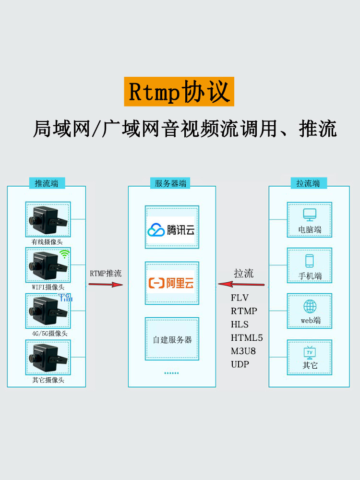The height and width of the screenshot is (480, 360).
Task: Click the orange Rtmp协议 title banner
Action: (179, 91)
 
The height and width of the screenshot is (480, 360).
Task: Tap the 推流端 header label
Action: (47, 183)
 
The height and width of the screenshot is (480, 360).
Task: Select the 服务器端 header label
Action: (172, 183)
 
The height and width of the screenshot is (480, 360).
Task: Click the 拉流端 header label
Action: (308, 183)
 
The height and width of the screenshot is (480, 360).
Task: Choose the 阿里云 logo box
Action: (172, 283)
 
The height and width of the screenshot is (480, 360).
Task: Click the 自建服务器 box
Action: (172, 339)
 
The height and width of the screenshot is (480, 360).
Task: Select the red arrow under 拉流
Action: (241, 284)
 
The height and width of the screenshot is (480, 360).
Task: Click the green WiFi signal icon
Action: (65, 254)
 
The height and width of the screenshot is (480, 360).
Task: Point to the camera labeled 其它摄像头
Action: (48, 358)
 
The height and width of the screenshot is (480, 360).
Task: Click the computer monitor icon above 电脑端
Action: (310, 215)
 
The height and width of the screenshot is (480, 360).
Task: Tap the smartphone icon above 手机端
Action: (310, 261)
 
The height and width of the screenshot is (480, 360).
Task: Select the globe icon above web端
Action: (310, 306)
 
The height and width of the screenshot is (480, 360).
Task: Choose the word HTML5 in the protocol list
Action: (247, 338)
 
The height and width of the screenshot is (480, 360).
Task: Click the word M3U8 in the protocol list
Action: (243, 351)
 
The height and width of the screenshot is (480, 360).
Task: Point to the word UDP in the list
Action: (240, 364)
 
